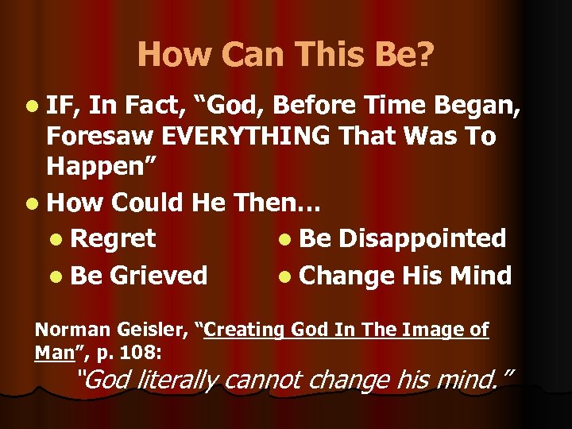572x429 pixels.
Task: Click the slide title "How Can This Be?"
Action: pyautogui.click(x=286, y=54)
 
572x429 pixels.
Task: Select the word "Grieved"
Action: pyautogui.click(x=158, y=276)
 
